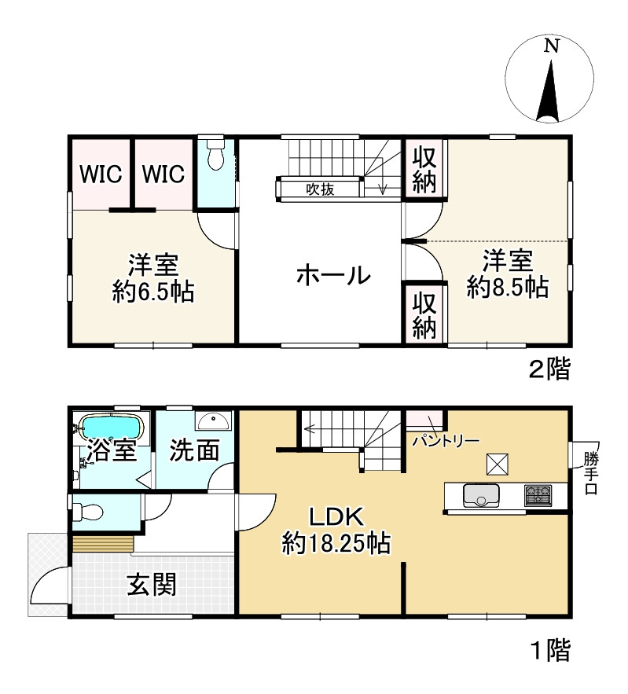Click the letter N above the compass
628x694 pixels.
[x=552, y=46]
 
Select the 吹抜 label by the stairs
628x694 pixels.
[x=321, y=189]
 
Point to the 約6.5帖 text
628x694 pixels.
[x=153, y=292]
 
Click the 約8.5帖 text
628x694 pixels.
[x=507, y=287]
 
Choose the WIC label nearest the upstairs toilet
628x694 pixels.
[x=163, y=173]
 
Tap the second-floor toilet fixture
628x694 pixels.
[x=215, y=156]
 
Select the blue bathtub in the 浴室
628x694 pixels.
[x=112, y=428]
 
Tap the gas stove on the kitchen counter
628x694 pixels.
[x=538, y=495]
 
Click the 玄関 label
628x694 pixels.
[x=152, y=584]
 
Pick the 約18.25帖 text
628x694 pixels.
[x=338, y=543]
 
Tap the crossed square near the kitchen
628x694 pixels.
[x=498, y=465]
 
